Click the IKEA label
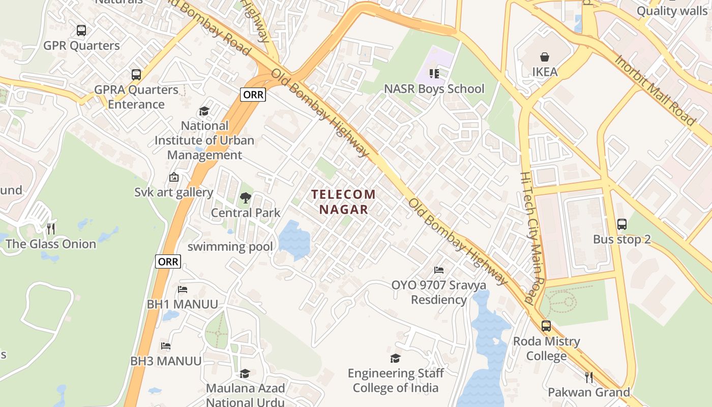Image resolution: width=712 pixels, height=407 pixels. coord(545,72)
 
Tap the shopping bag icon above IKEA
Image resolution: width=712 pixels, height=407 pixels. coord(545,56)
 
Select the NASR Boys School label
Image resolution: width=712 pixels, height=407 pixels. coord(434,89)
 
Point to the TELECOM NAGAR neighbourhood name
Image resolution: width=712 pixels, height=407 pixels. coord(343,201)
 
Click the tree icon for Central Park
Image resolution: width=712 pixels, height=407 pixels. coord(246,198)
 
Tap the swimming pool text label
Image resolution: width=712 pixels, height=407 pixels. coord(230,247)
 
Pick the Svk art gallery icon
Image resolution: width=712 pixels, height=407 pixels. coord(174,177)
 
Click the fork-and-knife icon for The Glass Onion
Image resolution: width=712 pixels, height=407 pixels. coord(50,228)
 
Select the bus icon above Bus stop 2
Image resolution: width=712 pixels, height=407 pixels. coord(621,224)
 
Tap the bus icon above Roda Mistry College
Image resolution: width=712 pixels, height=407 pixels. coord(546,326)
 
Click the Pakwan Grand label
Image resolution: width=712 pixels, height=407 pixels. coord(588,392)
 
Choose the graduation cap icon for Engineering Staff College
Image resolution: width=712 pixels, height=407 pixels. coord(396,359)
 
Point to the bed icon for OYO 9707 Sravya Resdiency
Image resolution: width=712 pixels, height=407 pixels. coord(439,270)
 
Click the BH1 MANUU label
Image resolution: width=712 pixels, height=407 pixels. coord(182,304)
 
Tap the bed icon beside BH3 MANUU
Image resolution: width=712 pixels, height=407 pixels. coord(166,346)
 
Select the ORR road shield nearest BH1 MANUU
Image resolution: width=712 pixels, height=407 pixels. coord(168,261)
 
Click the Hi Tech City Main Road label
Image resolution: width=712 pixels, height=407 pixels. coord(532,237)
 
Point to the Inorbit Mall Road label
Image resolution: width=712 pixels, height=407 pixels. coord(655,90)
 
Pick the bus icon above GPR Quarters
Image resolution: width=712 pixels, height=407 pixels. coord(81,31)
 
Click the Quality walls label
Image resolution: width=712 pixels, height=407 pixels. coord(672,11)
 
